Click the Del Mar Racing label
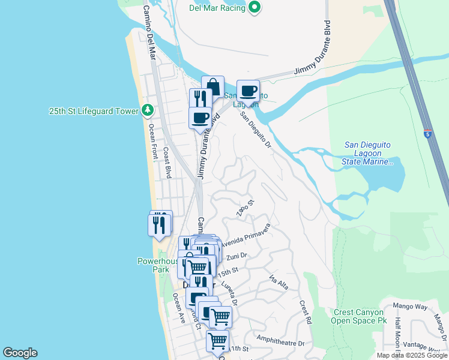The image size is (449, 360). (x=217, y=8)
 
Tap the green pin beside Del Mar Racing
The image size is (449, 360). (x=255, y=8)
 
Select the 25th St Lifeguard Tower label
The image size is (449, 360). (x=94, y=111)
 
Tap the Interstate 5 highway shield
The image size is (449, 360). (x=427, y=134)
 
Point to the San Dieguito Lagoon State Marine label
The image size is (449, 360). (x=369, y=153)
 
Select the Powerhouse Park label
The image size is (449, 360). (x=154, y=265)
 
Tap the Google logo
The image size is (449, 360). (x=20, y=353)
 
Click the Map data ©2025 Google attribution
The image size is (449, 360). (x=412, y=355)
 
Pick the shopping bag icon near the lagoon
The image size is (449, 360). (x=212, y=86)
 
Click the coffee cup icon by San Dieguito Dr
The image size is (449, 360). (x=248, y=91)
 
